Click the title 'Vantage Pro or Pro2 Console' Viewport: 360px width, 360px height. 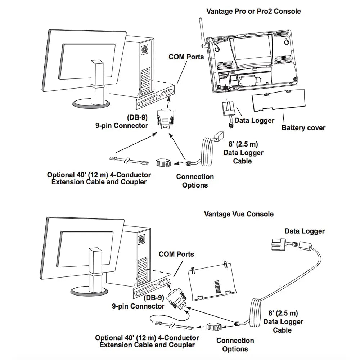[253, 11]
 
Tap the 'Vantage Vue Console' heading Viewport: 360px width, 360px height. [239, 214]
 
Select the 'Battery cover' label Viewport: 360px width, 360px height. [303, 127]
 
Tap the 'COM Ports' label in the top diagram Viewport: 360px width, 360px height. [186, 57]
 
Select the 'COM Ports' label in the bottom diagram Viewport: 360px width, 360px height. [176, 254]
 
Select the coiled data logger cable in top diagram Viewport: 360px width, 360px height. [207, 151]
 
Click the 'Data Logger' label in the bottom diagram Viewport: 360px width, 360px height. [305, 231]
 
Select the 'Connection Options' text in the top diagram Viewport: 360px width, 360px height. [195, 181]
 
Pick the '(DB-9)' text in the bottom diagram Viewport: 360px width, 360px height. [154, 298]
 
